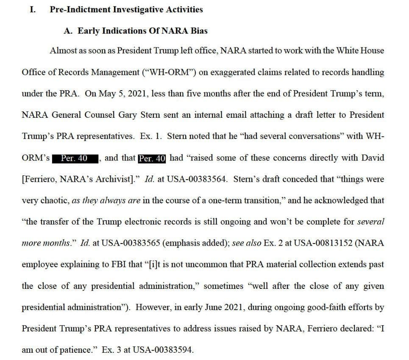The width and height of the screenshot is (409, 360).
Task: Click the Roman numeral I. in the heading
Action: coord(32,9)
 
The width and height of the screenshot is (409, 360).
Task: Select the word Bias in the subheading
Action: coord(199,31)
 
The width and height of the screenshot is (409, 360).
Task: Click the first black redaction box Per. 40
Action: coord(75,158)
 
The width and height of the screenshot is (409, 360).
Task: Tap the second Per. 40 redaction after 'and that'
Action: coord(152,158)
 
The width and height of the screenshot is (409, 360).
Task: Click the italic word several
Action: coord(370,222)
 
